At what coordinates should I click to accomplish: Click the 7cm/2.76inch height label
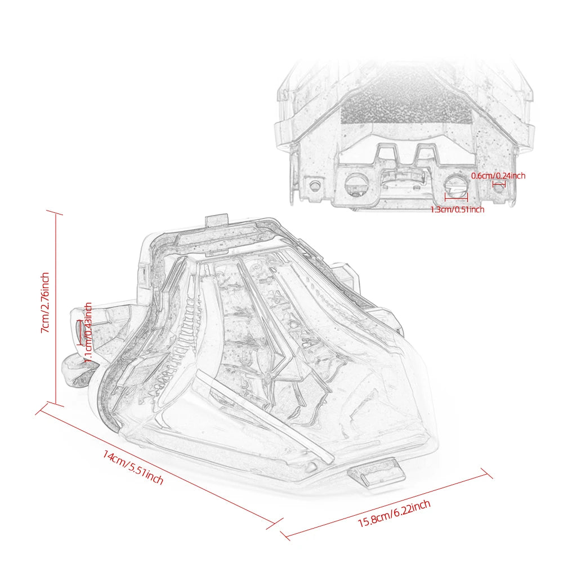click(45, 303)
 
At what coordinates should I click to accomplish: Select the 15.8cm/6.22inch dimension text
click(394, 513)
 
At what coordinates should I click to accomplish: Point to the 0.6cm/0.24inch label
click(498, 176)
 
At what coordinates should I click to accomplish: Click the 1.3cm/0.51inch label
click(457, 209)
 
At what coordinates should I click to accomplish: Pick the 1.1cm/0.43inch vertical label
click(88, 332)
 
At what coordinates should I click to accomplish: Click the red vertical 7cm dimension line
click(56, 308)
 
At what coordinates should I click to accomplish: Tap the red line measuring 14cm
click(159, 466)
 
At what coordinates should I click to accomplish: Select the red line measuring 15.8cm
click(386, 504)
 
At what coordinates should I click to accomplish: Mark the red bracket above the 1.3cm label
click(456, 197)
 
